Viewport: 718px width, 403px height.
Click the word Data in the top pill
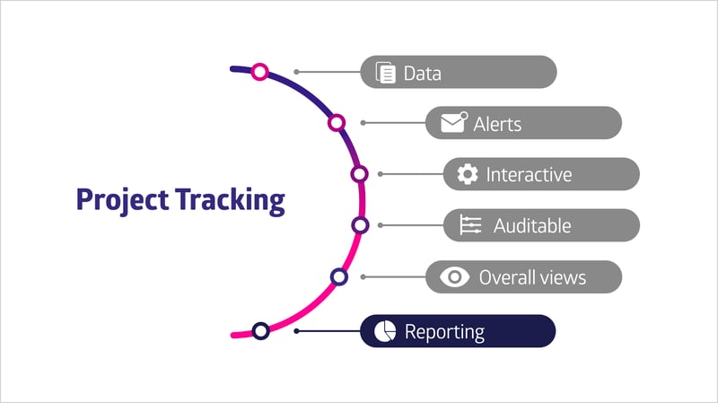point(422,74)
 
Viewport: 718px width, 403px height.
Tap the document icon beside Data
point(386,73)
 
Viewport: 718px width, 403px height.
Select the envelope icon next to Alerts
point(454,122)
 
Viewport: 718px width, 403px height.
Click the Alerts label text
point(497,124)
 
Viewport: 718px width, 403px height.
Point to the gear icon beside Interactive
point(468,174)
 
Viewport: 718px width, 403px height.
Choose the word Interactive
point(529,174)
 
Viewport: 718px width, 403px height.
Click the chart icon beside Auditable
point(470,225)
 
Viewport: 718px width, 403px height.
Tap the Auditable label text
point(532,226)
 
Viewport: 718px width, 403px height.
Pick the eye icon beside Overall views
point(454,276)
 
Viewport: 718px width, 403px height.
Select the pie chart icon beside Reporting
point(385,331)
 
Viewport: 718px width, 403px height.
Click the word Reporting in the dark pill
point(444,332)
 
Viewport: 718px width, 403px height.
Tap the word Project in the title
point(122,200)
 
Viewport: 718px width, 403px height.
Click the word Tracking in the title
point(231,200)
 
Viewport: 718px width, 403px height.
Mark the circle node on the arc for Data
point(259,72)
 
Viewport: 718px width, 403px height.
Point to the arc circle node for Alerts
point(337,123)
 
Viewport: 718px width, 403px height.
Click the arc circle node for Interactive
point(360,174)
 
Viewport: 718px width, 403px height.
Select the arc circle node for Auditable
point(361,225)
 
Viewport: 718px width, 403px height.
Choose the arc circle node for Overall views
point(339,276)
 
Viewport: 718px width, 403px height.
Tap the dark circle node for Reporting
point(260,330)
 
